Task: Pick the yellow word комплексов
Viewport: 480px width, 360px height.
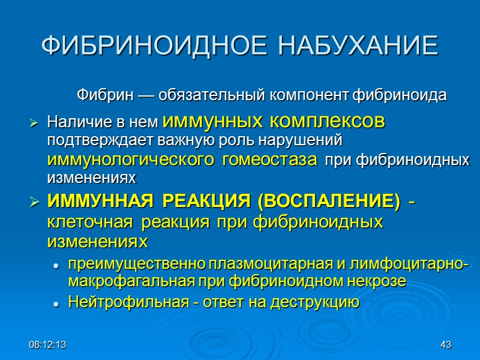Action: pyautogui.click(x=328, y=122)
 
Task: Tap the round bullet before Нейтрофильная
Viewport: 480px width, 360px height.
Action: pyautogui.click(x=56, y=303)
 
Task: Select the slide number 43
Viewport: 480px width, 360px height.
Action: pyautogui.click(x=445, y=345)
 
